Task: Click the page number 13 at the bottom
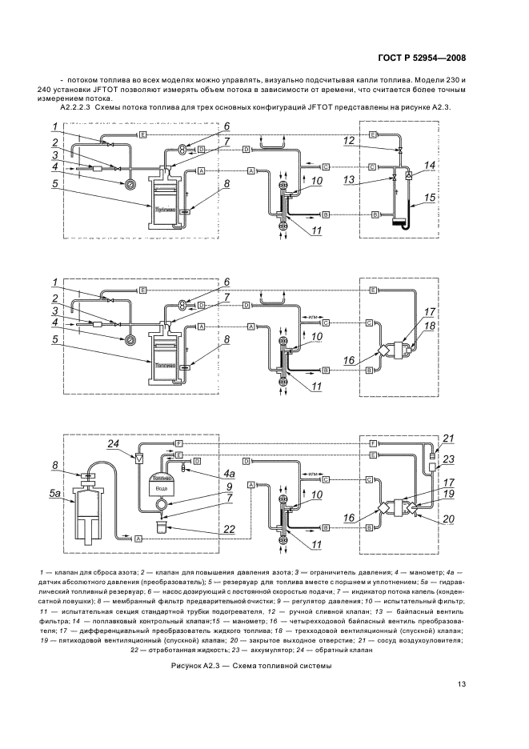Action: (462, 683)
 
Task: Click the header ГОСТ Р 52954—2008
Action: (421, 58)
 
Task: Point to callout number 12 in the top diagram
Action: (348, 141)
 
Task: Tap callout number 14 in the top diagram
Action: (429, 165)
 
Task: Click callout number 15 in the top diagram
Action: (429, 197)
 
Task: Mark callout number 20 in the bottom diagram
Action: (448, 519)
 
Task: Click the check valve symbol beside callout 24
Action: (139, 459)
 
